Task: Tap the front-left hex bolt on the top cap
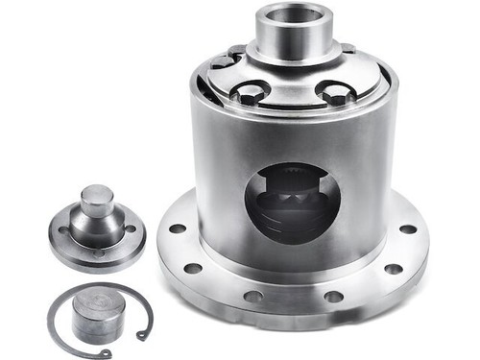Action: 249,95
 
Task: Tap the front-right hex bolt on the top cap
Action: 337,95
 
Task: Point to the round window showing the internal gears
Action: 292,203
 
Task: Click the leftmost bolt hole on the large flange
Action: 177,229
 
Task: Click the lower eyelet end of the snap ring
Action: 142,335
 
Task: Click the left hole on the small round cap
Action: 64,230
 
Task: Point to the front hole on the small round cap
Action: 97,252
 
